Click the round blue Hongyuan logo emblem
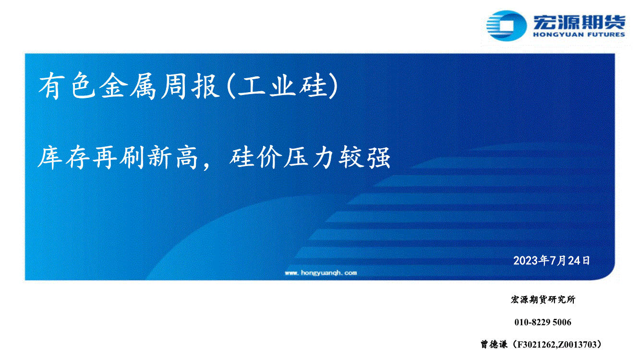[x=506, y=25]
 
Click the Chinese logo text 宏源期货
[x=579, y=22]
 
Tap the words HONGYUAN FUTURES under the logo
[x=579, y=35]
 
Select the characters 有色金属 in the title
[x=97, y=86]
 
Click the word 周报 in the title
[x=190, y=86]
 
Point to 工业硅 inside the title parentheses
[x=283, y=86]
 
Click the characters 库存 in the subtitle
[x=64, y=157]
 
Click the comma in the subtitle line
[x=206, y=167]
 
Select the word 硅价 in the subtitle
[x=255, y=157]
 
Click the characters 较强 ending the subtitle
[x=364, y=157]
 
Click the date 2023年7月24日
[x=552, y=261]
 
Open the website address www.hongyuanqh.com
[x=321, y=273]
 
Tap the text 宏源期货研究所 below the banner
[x=543, y=300]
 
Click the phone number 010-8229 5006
[x=543, y=322]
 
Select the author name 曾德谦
[x=494, y=344]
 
